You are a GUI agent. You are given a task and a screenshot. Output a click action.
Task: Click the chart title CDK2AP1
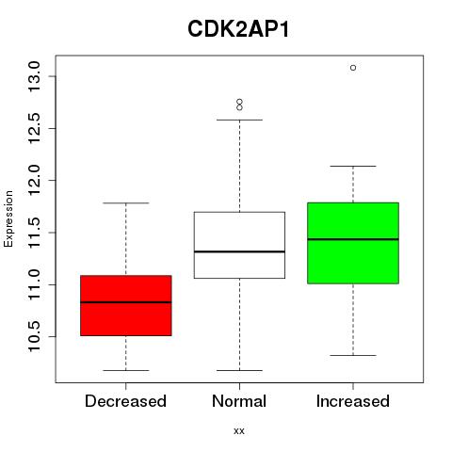click(238, 29)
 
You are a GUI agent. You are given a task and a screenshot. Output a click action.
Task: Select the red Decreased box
click(126, 305)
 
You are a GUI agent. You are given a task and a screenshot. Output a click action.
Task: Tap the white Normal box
click(239, 245)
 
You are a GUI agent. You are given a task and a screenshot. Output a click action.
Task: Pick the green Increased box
click(353, 243)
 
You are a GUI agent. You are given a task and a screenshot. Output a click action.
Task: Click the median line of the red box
click(126, 302)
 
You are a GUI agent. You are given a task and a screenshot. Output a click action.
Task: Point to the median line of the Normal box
click(239, 251)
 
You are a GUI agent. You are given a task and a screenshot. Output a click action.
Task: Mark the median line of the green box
click(353, 239)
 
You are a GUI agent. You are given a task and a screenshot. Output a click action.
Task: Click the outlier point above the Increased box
click(353, 68)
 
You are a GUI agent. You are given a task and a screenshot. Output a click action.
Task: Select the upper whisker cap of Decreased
click(126, 203)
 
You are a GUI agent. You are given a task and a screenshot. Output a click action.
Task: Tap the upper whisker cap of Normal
click(239, 120)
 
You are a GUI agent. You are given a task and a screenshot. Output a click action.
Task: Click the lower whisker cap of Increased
click(353, 355)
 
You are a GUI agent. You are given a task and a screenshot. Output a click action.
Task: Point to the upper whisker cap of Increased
click(353, 166)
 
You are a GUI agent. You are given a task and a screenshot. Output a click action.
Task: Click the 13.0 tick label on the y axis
click(34, 76)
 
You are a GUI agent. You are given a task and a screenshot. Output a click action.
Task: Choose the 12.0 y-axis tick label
click(34, 180)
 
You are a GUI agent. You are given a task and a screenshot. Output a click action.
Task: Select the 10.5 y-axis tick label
click(34, 336)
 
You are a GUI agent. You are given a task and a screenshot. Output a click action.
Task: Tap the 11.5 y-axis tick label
click(34, 233)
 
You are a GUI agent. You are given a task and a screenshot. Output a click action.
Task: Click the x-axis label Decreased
click(125, 401)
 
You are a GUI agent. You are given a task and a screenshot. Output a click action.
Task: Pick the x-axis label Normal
click(239, 401)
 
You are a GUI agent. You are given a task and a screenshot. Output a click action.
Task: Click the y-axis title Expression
click(8, 218)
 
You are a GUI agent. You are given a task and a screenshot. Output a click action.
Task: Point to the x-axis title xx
click(239, 431)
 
